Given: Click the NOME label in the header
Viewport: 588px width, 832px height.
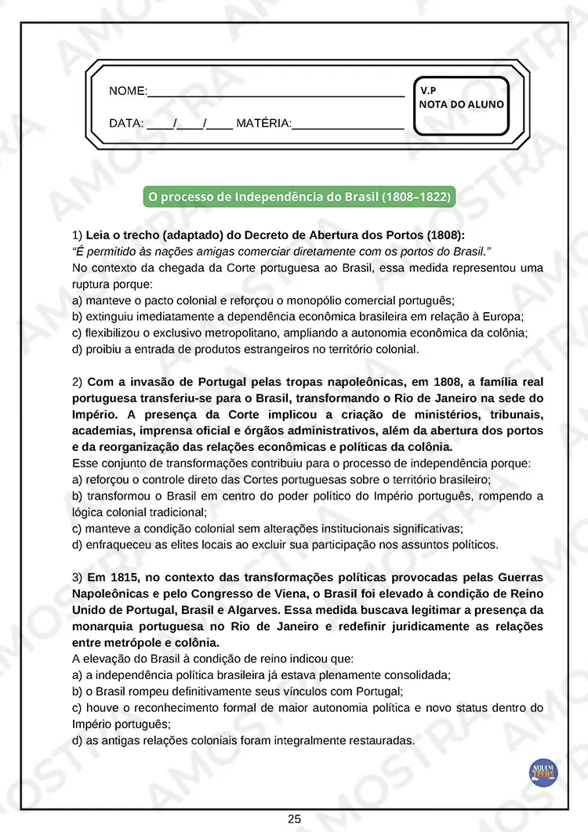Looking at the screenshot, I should [x=127, y=92].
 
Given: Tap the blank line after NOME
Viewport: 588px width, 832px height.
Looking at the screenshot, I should [x=275, y=93].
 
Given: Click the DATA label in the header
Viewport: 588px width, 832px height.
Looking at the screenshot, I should [x=125, y=123].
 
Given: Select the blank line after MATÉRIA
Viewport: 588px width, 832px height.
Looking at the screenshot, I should [x=347, y=125].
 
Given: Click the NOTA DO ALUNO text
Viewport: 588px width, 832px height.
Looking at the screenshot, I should [x=462, y=104].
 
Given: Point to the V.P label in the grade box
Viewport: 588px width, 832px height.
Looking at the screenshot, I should [x=428, y=90].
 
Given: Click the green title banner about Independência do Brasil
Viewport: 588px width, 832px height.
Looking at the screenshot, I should [x=299, y=196].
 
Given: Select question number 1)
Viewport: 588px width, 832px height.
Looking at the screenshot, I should [x=77, y=235].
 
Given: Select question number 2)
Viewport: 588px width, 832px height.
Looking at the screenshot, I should [x=77, y=382].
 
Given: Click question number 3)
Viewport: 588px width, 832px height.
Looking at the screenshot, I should [x=77, y=577].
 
